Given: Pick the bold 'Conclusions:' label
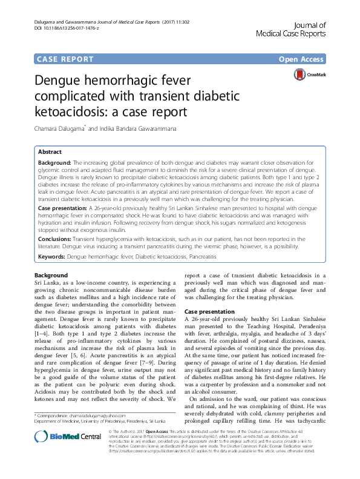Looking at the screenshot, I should point(55,239).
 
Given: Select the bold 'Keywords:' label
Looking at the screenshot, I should point(51,257).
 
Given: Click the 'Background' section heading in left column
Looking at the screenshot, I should point(51,276).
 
